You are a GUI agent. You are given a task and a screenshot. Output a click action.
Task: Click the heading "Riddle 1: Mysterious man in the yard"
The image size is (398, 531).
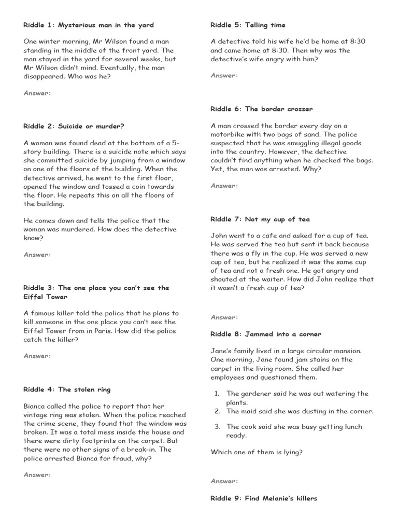[89, 25]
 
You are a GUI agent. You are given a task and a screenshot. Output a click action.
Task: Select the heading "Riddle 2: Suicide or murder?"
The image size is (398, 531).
[74, 126]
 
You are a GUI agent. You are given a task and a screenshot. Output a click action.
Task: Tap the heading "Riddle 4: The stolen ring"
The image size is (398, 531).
[67, 389]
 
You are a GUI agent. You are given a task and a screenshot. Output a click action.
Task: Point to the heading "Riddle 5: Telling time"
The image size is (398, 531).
[248, 25]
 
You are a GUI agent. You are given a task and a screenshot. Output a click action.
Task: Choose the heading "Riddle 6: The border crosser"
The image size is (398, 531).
[262, 109]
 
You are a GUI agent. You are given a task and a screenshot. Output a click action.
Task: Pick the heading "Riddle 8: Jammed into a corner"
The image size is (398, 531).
[266, 334]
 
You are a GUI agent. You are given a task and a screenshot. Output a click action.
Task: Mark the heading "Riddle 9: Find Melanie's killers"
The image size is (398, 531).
[264, 498]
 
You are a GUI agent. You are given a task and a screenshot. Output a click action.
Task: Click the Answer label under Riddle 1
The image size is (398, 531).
[37, 93]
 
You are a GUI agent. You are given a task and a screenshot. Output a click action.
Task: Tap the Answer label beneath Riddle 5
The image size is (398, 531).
[224, 75]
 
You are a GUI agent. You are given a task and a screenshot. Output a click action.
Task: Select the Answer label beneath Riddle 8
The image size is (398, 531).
[224, 481]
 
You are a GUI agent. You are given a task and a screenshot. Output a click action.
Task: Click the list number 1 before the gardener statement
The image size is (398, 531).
[217, 394]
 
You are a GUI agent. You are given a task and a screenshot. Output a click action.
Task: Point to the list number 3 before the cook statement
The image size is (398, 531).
[217, 427]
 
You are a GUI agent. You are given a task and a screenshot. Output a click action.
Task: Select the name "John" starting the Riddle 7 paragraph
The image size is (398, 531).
[219, 235]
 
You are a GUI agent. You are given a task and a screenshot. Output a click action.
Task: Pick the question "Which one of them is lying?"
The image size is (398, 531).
[257, 452]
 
